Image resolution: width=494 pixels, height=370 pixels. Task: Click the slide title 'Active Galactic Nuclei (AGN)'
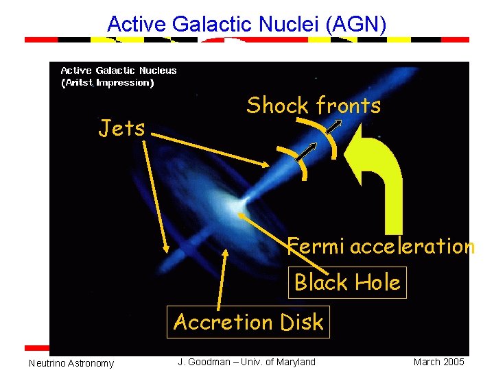247,25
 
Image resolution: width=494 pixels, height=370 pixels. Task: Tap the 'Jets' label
122,127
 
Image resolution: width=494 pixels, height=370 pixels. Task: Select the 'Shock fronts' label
313,106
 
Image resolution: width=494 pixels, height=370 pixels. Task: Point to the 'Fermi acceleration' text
380,246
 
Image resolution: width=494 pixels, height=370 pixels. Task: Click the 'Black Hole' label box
347,282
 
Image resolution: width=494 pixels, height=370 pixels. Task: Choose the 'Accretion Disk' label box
248,322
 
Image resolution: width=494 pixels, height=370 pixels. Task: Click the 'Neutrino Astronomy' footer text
71,363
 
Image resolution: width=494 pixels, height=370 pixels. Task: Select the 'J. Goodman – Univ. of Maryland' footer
247,362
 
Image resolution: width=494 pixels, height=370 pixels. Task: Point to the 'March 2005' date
438,362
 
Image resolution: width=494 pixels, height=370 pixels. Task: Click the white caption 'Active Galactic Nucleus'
119,71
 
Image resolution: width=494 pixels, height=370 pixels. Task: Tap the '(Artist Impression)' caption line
108,83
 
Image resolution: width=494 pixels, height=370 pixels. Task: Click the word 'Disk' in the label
299,322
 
